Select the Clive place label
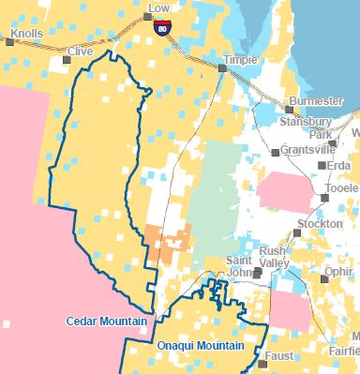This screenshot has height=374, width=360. click(80, 52)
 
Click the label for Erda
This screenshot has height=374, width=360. click(340, 166)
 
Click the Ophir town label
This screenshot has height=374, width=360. click(338, 272)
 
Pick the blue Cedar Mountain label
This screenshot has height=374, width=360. click(106, 322)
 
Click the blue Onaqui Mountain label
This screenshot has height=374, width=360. click(201, 346)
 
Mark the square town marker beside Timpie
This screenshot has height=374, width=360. click(223, 68)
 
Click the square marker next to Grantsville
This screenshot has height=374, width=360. click(274, 151)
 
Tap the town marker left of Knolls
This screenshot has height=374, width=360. click(10, 41)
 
